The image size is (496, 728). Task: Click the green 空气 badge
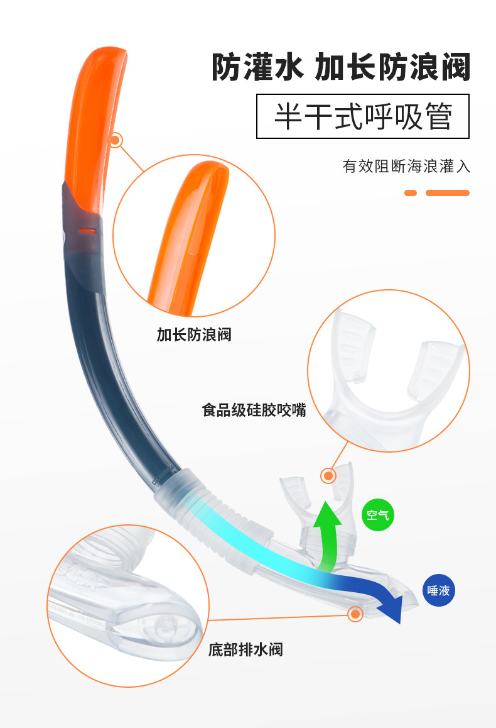coord(378,515)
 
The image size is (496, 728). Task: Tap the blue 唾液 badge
coord(438,590)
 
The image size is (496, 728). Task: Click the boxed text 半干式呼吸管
coord(363,116)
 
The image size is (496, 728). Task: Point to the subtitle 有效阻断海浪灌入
coord(406,166)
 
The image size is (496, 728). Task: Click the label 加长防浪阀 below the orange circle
coord(194,334)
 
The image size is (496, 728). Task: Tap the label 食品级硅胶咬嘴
coord(254,411)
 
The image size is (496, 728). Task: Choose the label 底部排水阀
coord(245,649)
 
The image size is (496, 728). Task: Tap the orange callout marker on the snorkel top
coord(116,140)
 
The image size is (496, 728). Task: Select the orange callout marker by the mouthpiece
coord(328,475)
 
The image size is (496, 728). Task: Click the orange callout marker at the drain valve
coord(356,613)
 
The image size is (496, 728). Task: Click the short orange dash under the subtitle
coord(411,193)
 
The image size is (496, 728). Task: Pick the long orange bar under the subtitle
coord(448,193)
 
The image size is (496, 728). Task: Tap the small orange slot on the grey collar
coord(89,231)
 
